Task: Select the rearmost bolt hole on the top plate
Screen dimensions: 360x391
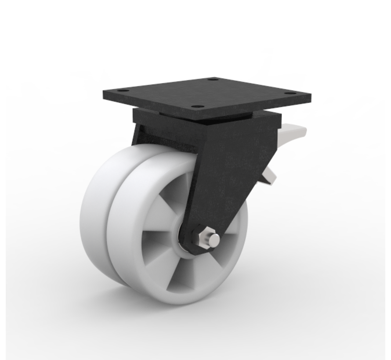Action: [x=214, y=80]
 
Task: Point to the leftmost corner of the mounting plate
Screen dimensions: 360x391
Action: [x=103, y=90]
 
